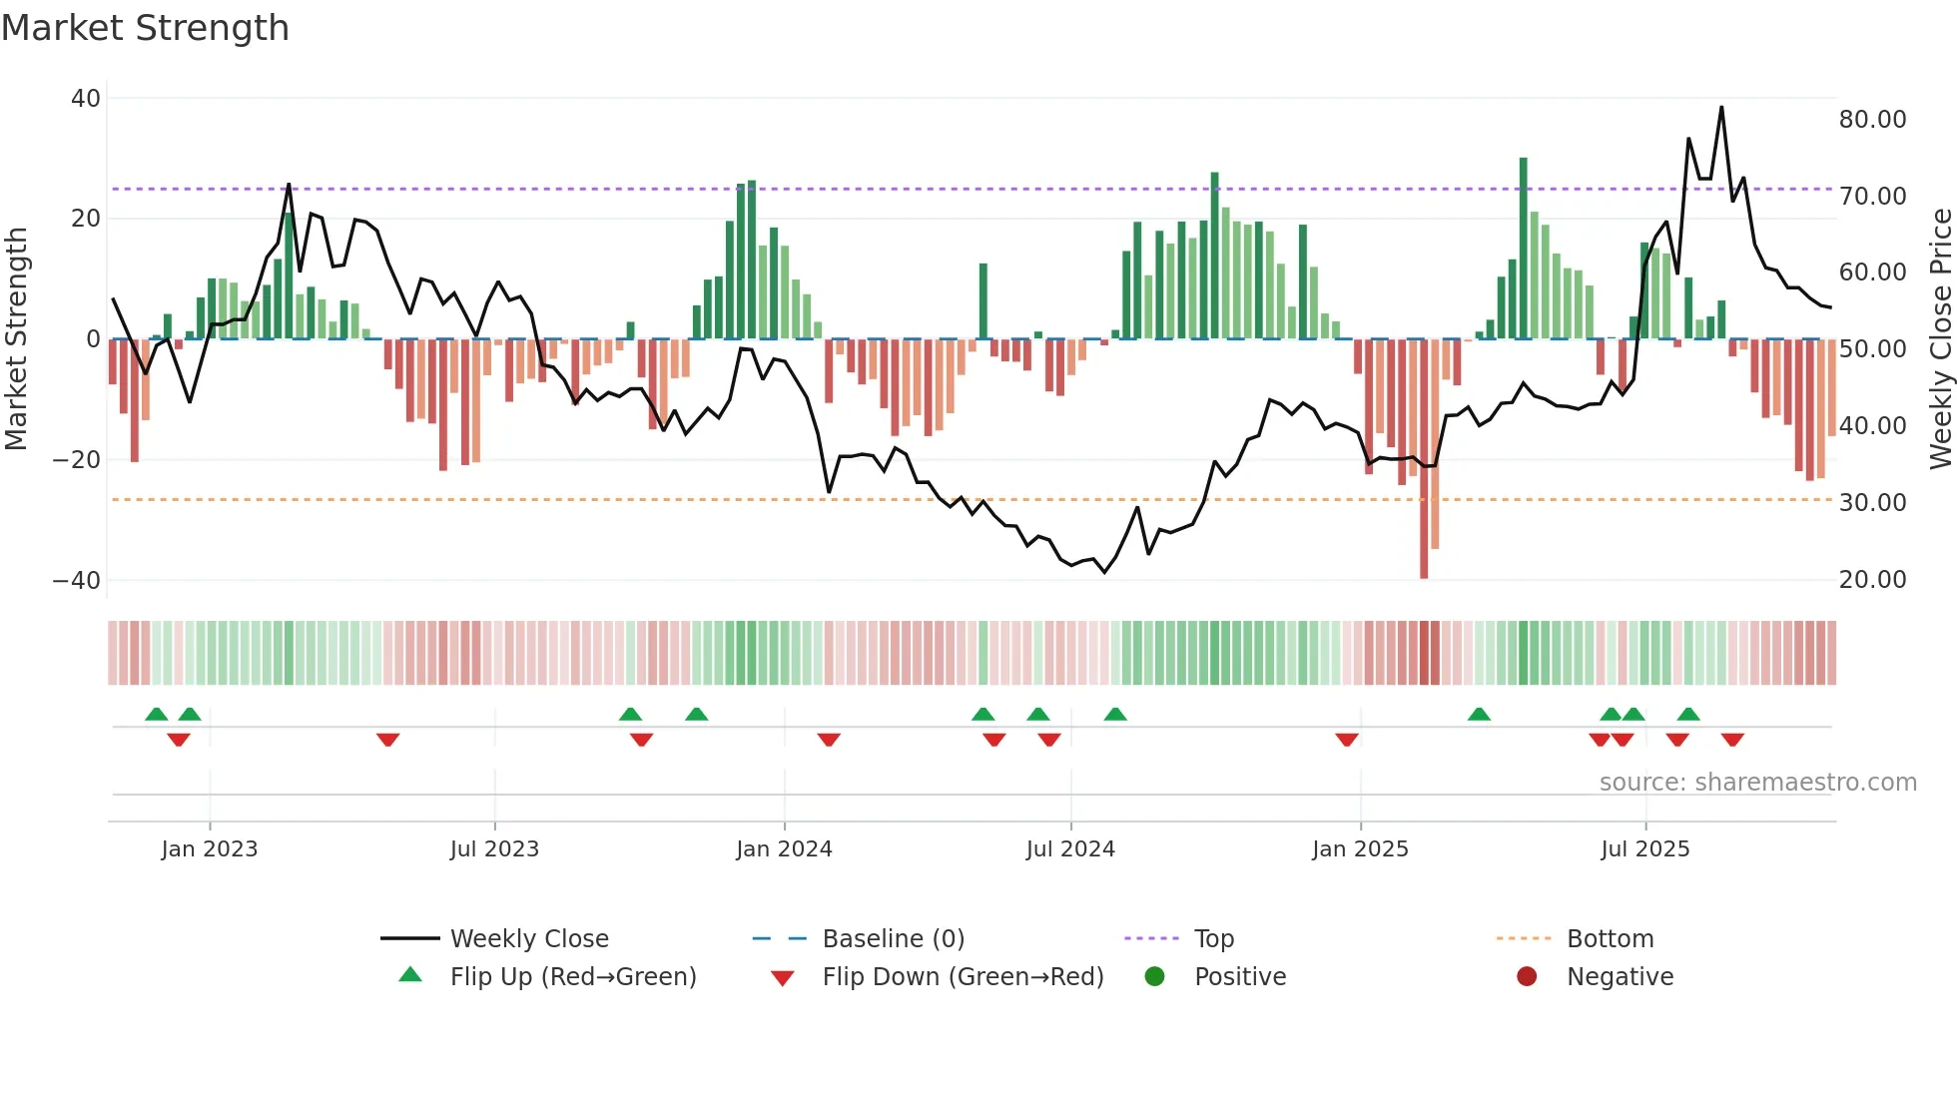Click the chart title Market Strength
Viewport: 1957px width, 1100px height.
click(x=145, y=28)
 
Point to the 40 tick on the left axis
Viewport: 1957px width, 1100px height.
click(x=86, y=99)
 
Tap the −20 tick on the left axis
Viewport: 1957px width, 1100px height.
click(x=77, y=460)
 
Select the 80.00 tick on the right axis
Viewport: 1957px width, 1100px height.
click(x=1872, y=120)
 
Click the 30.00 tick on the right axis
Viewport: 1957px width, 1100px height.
click(x=1872, y=503)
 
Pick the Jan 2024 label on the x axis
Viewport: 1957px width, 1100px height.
click(x=784, y=849)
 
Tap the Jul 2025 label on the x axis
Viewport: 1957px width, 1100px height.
click(x=1644, y=849)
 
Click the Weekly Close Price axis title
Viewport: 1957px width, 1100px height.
click(x=1940, y=339)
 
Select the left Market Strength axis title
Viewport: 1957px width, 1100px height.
click(x=17, y=339)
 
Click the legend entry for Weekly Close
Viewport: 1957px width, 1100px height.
click(x=528, y=939)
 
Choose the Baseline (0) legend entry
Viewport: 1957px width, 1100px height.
click(x=893, y=939)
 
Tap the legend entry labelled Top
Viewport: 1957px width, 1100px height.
click(x=1213, y=939)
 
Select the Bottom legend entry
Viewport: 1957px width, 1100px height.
click(x=1610, y=939)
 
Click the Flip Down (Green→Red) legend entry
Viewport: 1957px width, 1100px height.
click(x=962, y=977)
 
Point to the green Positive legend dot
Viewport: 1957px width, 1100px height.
click(x=1155, y=977)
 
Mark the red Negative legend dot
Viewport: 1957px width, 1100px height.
click(x=1527, y=977)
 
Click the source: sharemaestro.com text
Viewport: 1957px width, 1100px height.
click(x=1757, y=783)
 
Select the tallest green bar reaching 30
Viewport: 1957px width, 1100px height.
click(x=1524, y=250)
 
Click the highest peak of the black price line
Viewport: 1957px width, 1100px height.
click(x=1721, y=108)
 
